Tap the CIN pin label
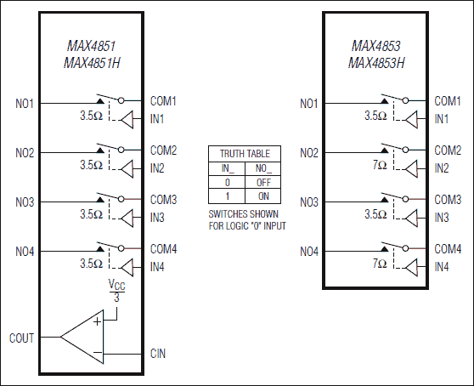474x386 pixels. (x=159, y=353)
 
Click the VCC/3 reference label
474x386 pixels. (x=117, y=291)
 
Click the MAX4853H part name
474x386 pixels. (x=376, y=63)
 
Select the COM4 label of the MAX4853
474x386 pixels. (x=448, y=250)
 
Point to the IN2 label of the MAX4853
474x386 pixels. (x=442, y=168)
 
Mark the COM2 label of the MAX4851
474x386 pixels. (x=163, y=150)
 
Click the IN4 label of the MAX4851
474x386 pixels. (x=157, y=267)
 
